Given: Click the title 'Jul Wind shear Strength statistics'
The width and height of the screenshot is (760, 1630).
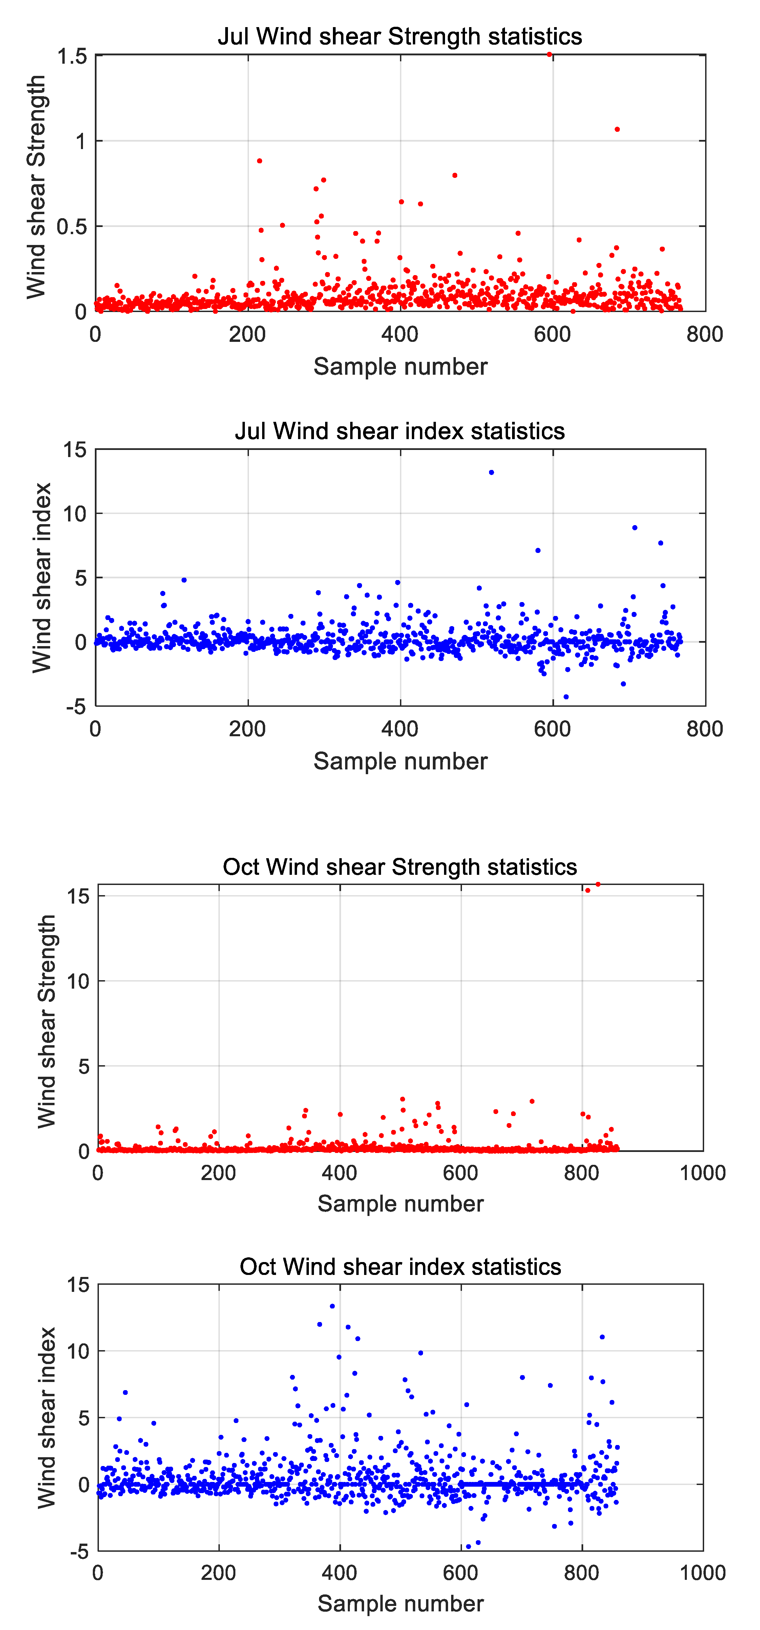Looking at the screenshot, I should [x=400, y=36].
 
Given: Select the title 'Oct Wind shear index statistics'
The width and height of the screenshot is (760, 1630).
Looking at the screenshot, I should [x=400, y=1266].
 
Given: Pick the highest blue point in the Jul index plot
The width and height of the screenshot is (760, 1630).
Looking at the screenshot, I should [x=491, y=472].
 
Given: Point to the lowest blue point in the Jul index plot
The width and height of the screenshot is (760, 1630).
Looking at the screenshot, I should [x=566, y=697].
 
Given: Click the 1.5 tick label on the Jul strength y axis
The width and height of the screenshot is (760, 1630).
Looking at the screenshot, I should [x=72, y=56].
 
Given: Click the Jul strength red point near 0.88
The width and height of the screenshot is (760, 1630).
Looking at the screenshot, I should [x=259, y=161].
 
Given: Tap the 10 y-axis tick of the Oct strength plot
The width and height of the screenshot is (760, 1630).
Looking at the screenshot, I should [x=78, y=981].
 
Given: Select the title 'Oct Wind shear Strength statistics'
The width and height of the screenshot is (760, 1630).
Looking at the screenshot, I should [x=400, y=866].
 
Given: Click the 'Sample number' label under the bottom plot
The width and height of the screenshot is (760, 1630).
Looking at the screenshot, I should [x=400, y=1603].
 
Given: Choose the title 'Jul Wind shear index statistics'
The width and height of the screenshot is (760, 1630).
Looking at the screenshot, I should [x=400, y=431].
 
